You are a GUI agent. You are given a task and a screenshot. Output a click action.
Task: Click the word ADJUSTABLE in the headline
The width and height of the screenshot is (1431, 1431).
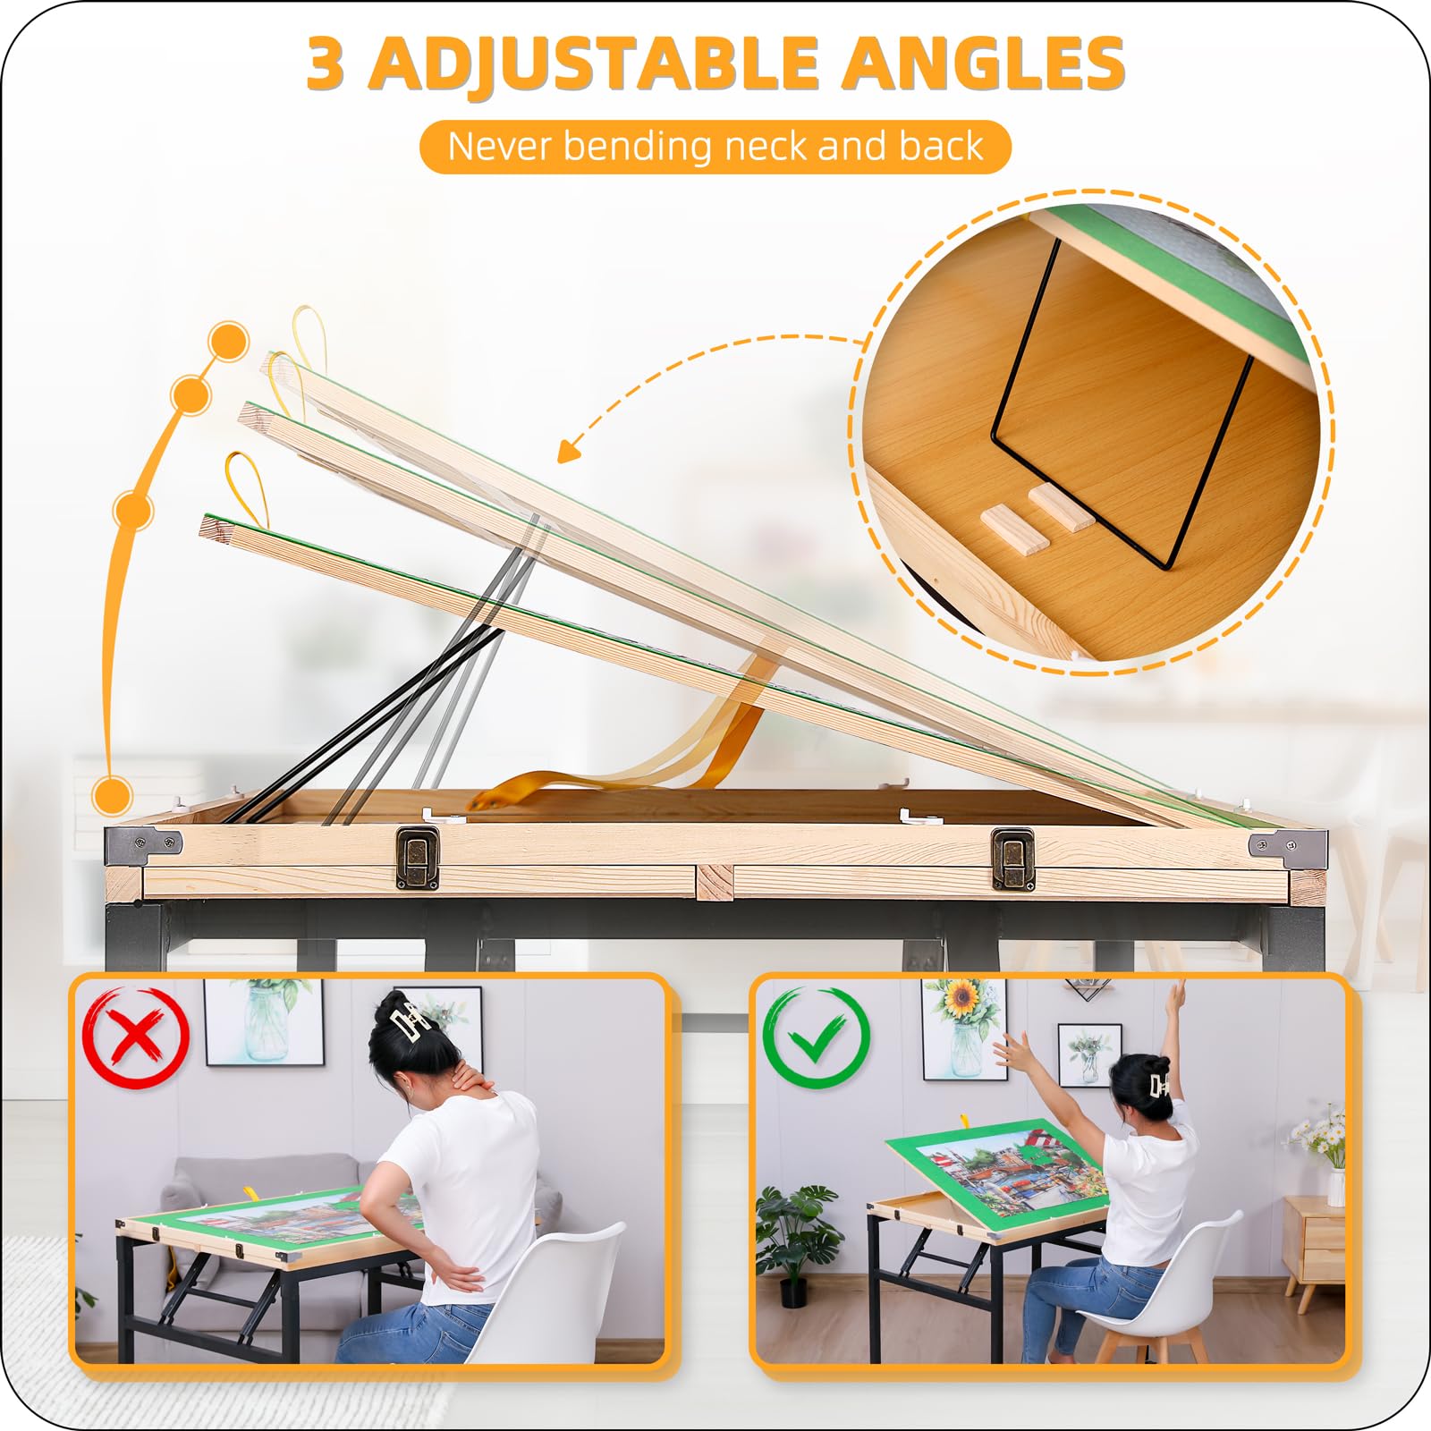pos(595,64)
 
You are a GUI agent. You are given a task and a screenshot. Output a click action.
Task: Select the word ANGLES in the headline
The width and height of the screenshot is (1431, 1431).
pos(986,64)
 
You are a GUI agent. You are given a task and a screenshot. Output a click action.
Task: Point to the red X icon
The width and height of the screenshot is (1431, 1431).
pos(136,1037)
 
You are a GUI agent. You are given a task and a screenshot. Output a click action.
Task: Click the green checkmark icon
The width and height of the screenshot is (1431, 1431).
pos(817,1037)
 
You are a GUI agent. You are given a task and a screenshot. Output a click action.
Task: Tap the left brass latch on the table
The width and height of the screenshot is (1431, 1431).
pos(418,859)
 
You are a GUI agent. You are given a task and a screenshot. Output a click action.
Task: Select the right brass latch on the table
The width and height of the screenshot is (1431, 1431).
pos(1012,859)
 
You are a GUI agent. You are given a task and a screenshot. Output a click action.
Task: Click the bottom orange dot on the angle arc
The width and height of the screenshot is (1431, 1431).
pos(113,794)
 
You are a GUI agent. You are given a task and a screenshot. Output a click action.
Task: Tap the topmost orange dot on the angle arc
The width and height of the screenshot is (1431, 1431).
pos(228,341)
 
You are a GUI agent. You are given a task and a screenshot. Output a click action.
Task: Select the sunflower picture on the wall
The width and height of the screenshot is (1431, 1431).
pos(964,1029)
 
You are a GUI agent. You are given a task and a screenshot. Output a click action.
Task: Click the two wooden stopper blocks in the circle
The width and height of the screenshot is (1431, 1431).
pos(1037,519)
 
